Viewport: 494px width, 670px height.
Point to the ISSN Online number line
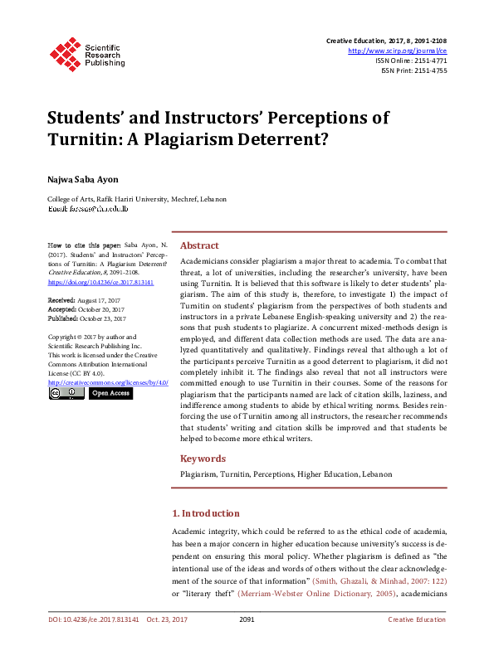(411, 61)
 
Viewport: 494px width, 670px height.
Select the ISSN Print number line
(413, 70)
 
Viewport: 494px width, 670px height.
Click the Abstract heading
(199, 245)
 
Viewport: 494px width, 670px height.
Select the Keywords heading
(203, 459)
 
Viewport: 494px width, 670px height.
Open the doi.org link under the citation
(89, 282)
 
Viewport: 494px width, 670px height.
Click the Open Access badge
(110, 394)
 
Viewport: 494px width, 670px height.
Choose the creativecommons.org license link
(108, 382)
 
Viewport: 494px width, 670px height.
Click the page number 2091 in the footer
(247, 643)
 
